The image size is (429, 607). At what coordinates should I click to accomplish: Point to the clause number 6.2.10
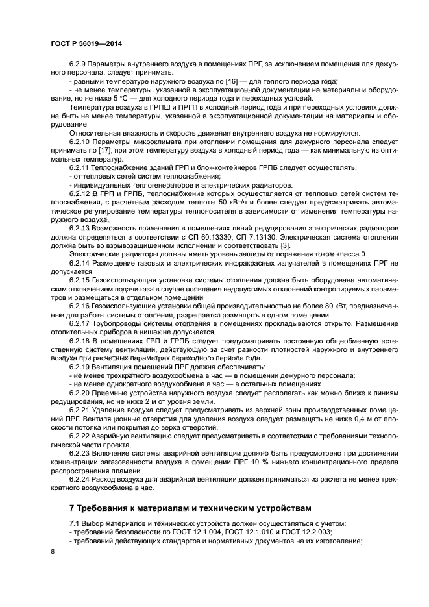click(79, 141)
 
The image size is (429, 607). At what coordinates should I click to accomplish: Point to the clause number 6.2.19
click(79, 367)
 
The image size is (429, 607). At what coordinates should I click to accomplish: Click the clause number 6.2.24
click(79, 477)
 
